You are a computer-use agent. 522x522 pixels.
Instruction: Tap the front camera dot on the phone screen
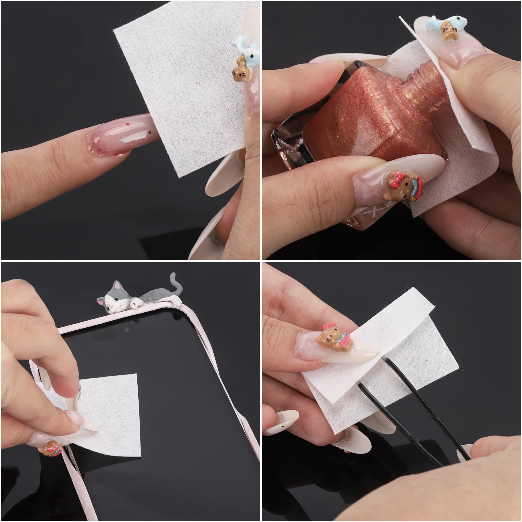click(x=125, y=330)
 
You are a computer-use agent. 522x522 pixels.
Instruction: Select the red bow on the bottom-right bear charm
click(x=328, y=328)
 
